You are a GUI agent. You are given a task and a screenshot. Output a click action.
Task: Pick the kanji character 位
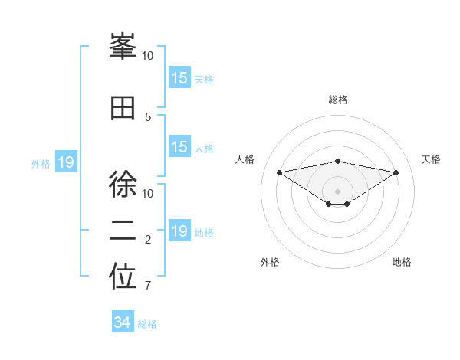tap(123, 278)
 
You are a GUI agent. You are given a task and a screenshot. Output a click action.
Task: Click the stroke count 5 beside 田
tap(148, 117)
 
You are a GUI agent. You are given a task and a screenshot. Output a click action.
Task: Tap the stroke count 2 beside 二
tap(148, 241)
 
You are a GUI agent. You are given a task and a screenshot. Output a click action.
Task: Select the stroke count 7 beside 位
tap(148, 286)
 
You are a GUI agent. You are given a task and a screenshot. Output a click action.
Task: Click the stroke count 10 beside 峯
tap(148, 56)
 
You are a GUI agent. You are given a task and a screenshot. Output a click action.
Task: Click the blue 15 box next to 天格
tap(179, 78)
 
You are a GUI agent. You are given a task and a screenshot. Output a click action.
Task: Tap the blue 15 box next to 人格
tap(179, 147)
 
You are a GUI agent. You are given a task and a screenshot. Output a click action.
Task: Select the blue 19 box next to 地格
tap(179, 231)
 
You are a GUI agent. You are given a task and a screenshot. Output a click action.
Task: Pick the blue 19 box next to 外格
tap(66, 162)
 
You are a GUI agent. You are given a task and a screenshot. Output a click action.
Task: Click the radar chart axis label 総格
tap(337, 100)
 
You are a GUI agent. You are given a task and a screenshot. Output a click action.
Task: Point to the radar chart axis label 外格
tap(270, 262)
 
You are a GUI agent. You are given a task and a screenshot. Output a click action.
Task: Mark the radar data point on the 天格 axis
tap(396, 172)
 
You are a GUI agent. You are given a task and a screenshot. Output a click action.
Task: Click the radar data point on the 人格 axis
tap(279, 172)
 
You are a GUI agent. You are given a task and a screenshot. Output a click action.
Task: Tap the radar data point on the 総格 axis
tap(337, 161)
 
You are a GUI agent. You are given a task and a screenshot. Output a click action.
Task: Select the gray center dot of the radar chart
tap(337, 191)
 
